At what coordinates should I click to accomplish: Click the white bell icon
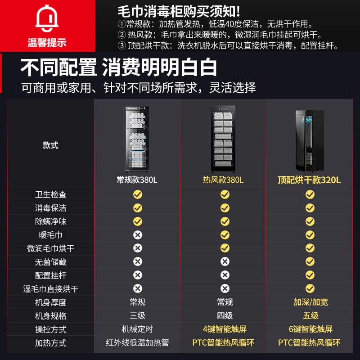pos(47,18)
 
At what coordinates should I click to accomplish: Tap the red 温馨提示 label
pos(47,42)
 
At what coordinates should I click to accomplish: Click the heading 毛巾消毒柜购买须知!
pos(179,12)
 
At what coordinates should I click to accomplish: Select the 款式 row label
pos(50,145)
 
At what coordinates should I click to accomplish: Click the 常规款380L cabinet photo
pos(137,139)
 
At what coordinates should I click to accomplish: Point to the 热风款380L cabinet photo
pos(223,139)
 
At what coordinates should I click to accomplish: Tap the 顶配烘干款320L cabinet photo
pos(310,141)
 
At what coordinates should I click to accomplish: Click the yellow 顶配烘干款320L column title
pos(309,180)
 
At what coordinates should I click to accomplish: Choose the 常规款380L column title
pos(137,180)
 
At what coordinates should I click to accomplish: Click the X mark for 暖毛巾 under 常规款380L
pos(138,235)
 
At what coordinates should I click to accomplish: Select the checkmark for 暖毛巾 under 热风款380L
pos(225,235)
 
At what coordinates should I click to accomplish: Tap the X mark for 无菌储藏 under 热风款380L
pos(225,261)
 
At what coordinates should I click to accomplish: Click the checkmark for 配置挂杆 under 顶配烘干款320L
pos(310,275)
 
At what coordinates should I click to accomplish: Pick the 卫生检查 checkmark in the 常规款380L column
pos(138,194)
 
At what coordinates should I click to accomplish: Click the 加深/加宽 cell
pos(310,302)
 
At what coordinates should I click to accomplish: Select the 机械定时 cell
pos(137,329)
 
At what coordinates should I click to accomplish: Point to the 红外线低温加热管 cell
pos(137,343)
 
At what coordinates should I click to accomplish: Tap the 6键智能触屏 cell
pos(310,329)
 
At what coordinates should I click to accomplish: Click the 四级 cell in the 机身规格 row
pos(225,316)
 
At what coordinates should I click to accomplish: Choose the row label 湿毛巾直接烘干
pos(50,289)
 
